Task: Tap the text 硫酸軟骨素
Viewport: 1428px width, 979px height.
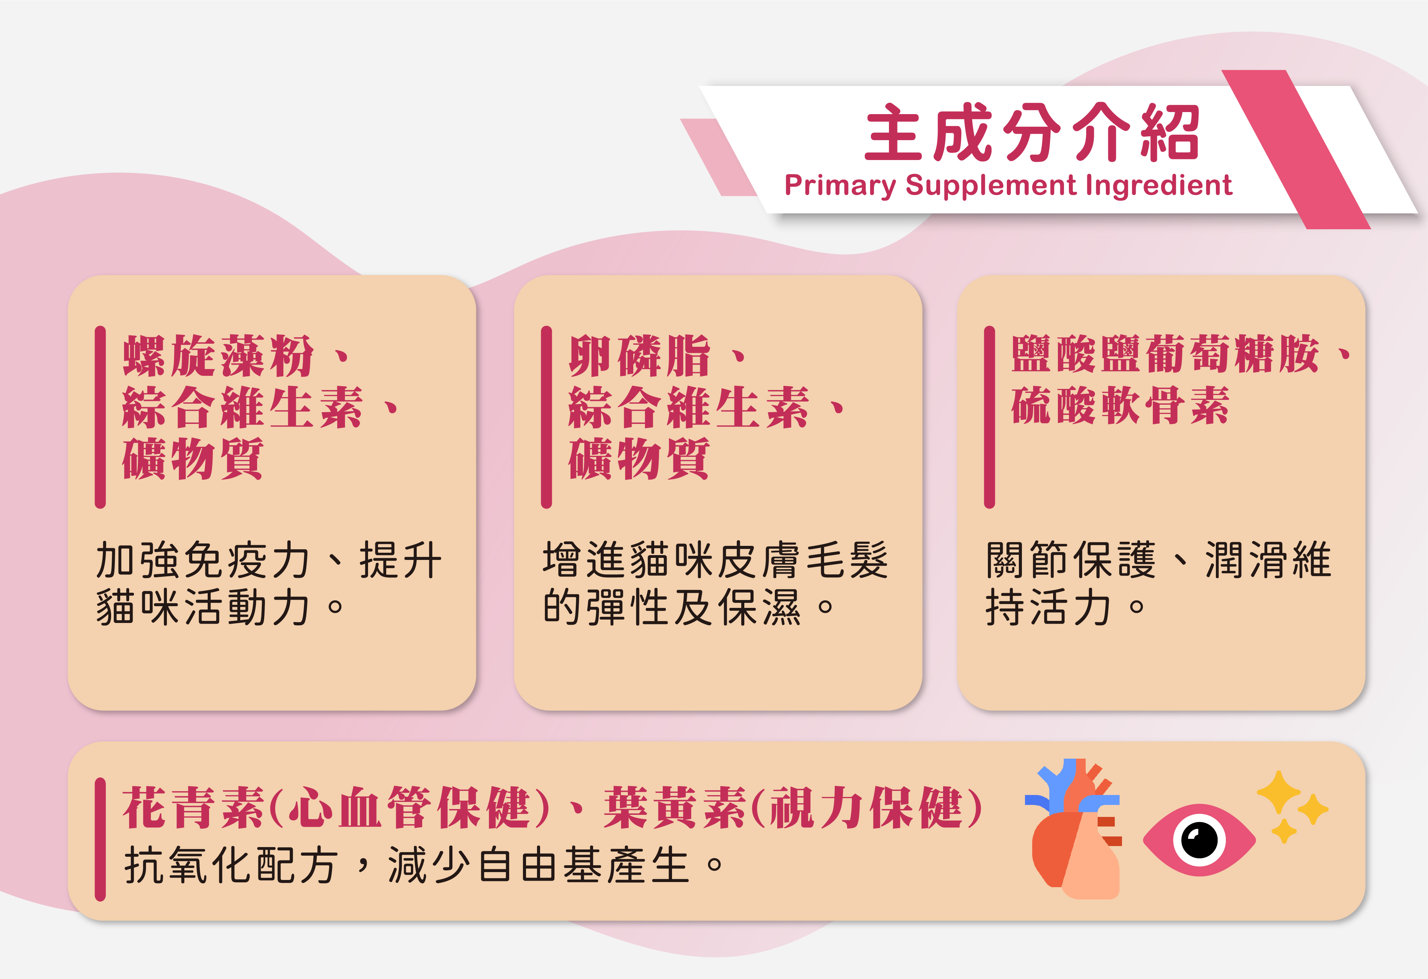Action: point(1120,406)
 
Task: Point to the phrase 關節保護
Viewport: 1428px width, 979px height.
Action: point(1070,560)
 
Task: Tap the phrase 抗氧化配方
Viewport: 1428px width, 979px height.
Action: point(230,865)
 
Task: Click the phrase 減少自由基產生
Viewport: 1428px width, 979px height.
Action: point(538,865)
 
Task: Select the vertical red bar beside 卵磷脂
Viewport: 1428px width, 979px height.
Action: point(546,417)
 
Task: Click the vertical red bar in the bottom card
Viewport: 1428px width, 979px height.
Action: point(100,840)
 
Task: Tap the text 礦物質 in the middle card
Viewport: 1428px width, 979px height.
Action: point(639,458)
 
